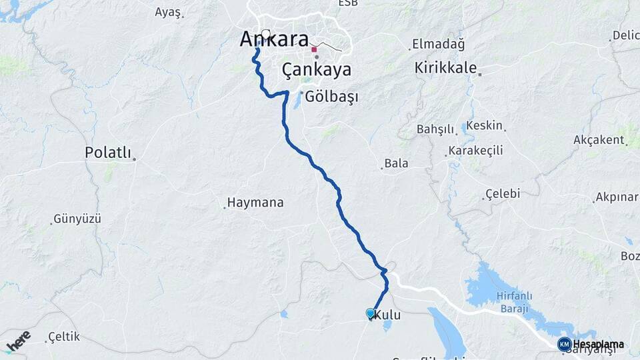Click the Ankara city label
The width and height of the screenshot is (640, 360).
(x=274, y=39)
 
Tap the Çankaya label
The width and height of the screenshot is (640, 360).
(x=316, y=69)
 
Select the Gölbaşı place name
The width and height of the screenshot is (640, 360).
(x=331, y=97)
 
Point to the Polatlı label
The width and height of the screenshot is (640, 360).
(x=108, y=152)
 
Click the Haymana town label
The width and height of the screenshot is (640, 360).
(x=255, y=202)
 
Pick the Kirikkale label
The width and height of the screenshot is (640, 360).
(x=445, y=67)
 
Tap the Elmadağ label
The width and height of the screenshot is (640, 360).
(x=438, y=44)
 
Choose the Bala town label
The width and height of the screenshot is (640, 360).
(x=396, y=163)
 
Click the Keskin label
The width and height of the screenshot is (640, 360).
(x=485, y=125)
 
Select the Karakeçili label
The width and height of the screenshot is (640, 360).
(x=475, y=151)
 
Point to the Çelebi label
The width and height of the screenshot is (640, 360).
(x=502, y=193)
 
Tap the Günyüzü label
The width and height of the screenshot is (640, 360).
(x=77, y=218)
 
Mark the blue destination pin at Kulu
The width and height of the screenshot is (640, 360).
(x=371, y=313)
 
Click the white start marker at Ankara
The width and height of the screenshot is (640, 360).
(x=266, y=34)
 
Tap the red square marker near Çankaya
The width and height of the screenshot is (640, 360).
(x=314, y=49)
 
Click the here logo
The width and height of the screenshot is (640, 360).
(x=19, y=341)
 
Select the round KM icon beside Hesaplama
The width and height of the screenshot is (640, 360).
(x=564, y=344)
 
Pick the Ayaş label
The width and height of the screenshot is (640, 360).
(x=167, y=12)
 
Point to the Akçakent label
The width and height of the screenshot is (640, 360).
(x=599, y=140)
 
